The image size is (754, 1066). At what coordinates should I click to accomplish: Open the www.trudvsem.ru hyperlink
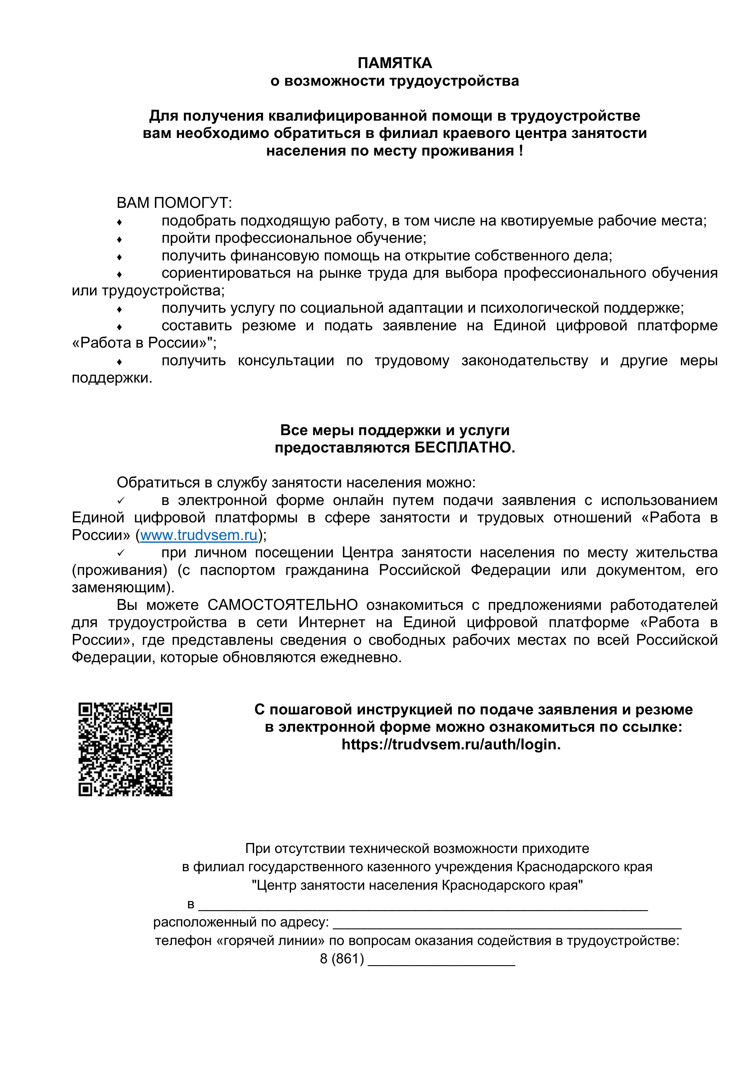click(199, 535)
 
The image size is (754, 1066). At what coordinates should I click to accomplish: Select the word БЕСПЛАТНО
click(464, 448)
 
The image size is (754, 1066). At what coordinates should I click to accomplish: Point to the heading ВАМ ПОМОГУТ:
click(174, 203)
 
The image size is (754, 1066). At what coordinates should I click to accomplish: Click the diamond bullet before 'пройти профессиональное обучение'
click(119, 239)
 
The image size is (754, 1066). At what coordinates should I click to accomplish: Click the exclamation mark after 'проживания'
click(521, 151)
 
